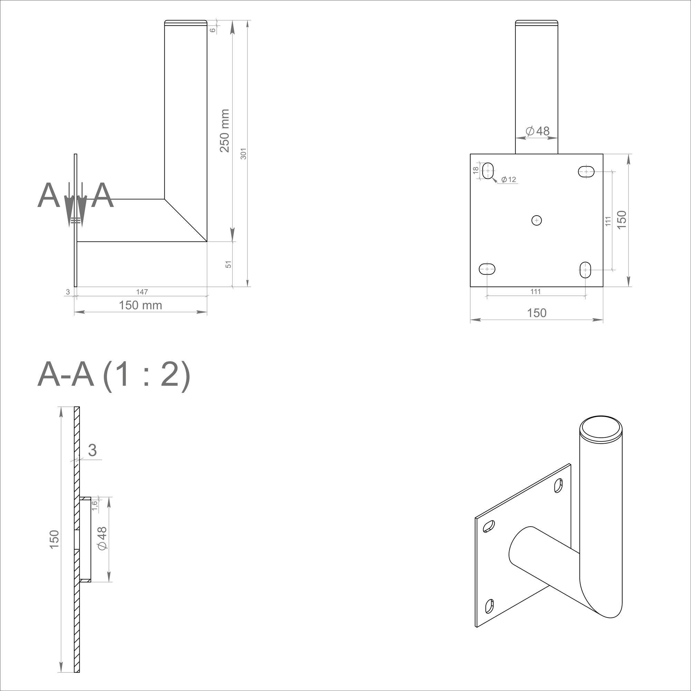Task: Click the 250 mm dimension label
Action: pos(224,131)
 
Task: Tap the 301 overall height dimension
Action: pos(244,153)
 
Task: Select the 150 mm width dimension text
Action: pos(140,305)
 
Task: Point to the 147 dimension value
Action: pos(142,292)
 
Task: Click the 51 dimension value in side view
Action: pos(228,264)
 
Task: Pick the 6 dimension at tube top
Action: pos(213,30)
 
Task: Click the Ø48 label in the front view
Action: pos(538,131)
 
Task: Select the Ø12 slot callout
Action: pos(508,180)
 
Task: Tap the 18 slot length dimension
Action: pos(476,171)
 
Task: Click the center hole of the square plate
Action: pos(537,220)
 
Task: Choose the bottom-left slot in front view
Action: pos(487,268)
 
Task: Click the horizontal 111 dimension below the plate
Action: pos(536,292)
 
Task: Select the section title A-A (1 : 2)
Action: pos(114,375)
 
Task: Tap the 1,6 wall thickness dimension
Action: pos(94,506)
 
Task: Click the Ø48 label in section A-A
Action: pos(102,539)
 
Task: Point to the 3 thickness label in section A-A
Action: pos(92,450)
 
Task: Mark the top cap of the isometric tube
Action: pos(601,427)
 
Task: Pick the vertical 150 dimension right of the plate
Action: pos(622,220)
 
